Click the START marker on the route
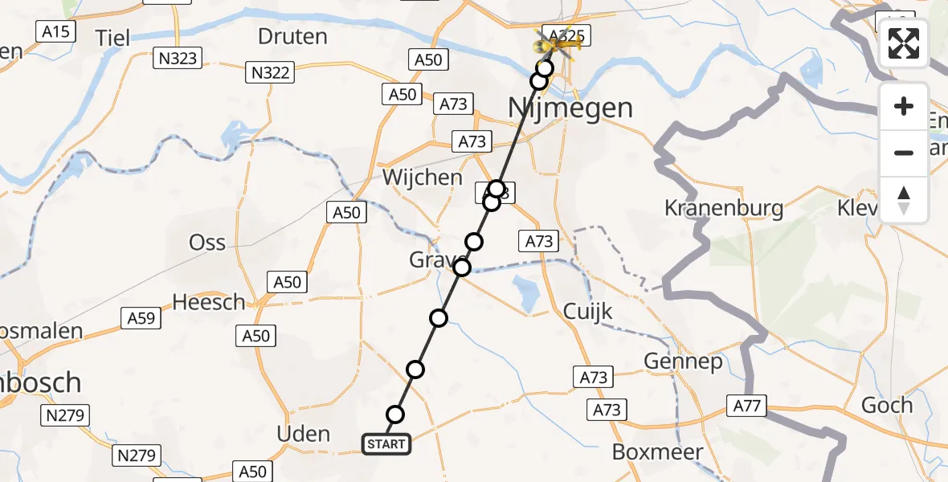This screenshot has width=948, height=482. [x=386, y=444]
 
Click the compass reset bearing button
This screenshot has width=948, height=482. [x=904, y=200]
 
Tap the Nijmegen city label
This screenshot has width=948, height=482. [x=570, y=108]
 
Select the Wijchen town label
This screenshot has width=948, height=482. [x=423, y=178]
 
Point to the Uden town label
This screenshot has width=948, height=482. [x=303, y=434]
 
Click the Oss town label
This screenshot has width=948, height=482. [x=206, y=242]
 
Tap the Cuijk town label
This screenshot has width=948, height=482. [x=588, y=312]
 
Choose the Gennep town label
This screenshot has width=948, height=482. [x=683, y=362]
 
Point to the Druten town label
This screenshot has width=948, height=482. [x=293, y=36]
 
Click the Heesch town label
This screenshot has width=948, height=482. [x=210, y=302]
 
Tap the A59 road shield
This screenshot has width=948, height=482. [x=141, y=318]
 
